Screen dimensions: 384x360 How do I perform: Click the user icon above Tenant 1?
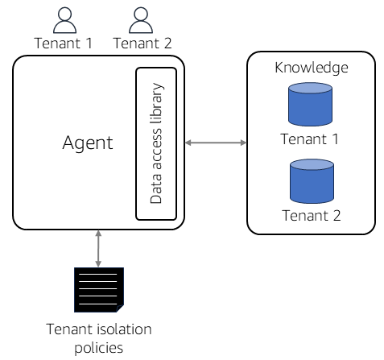tap(64, 20)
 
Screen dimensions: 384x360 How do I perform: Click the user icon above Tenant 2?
tap(141, 20)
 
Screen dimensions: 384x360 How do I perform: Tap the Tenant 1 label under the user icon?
tap(64, 43)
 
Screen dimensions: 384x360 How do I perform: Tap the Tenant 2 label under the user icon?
tap(142, 43)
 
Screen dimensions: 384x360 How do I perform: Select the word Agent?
tap(88, 143)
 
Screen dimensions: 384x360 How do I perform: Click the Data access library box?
tap(156, 144)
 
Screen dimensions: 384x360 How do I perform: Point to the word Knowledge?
tap(312, 68)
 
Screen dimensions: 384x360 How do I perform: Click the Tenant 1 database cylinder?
tap(310, 104)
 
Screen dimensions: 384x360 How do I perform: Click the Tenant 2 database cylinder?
tap(312, 181)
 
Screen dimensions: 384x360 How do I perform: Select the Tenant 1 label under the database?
tap(309, 139)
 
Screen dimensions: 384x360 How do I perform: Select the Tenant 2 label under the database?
tap(312, 216)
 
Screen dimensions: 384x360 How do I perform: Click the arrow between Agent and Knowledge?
tap(216, 143)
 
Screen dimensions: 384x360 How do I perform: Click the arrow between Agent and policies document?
tap(98, 249)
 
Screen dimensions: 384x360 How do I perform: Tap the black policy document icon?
tap(99, 290)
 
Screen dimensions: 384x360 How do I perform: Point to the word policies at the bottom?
tap(99, 348)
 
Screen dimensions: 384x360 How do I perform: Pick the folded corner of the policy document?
tap(120, 308)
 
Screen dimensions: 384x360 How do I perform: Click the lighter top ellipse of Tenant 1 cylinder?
tap(310, 88)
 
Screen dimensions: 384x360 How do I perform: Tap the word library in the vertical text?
tap(156, 104)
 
